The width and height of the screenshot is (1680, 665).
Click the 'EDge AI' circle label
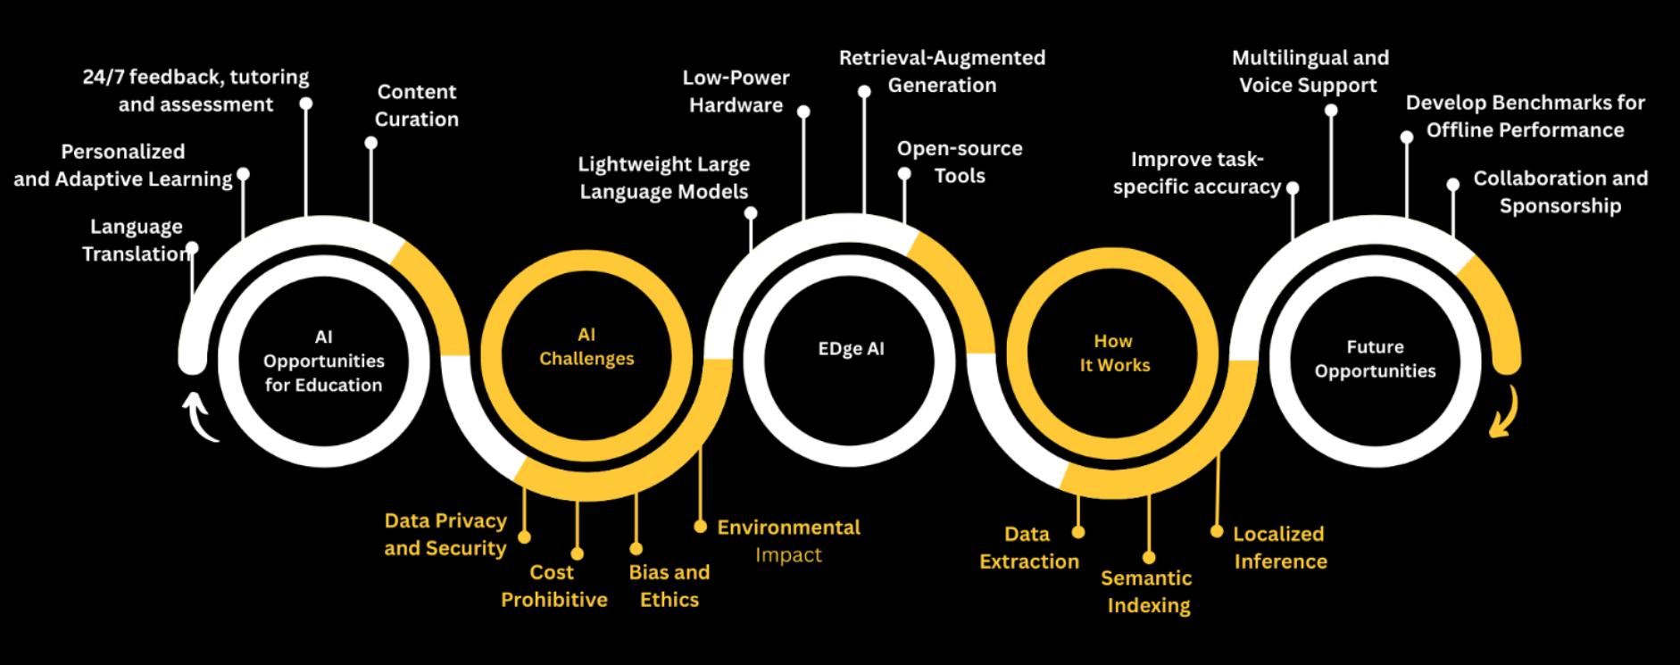pyautogui.click(x=851, y=348)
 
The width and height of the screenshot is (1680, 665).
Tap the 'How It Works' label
pyautogui.click(x=1114, y=353)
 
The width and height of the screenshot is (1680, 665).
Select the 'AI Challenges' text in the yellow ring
pyautogui.click(x=586, y=346)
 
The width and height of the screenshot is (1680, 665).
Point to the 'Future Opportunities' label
pyautogui.click(x=1375, y=359)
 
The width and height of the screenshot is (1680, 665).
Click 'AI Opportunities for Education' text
pyautogui.click(x=323, y=362)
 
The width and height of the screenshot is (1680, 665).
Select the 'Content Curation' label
pyautogui.click(x=416, y=105)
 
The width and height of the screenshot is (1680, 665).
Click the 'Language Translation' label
pyautogui.click(x=137, y=240)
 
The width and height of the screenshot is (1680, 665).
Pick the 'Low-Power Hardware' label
pyautogui.click(x=736, y=91)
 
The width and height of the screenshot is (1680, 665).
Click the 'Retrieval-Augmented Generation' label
pyautogui.click(x=942, y=71)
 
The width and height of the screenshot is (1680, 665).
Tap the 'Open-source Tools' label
pyautogui.click(x=960, y=162)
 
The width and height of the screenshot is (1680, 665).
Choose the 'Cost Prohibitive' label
pyautogui.click(x=553, y=586)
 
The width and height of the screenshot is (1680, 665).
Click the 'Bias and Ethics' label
pyautogui.click(x=669, y=586)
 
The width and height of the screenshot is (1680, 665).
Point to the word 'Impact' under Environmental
pyautogui.click(x=788, y=555)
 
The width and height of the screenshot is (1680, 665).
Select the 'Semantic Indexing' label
pyautogui.click(x=1147, y=591)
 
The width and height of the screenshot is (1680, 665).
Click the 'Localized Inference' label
pyautogui.click(x=1279, y=547)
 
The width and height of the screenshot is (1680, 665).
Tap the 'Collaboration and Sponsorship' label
pyautogui.click(x=1559, y=192)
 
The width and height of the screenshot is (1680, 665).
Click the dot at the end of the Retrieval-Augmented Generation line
pyautogui.click(x=864, y=91)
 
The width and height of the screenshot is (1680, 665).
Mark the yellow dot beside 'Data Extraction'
pyautogui.click(x=1078, y=532)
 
